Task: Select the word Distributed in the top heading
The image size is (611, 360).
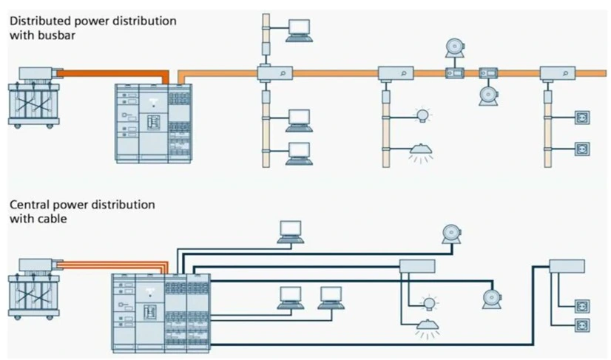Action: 38,21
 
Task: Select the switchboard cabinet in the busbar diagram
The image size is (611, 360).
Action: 153,123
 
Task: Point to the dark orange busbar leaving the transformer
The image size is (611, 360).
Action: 111,73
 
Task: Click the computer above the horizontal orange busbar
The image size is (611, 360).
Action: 299,28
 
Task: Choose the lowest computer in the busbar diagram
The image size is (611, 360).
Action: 299,152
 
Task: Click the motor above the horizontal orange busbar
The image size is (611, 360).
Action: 452,47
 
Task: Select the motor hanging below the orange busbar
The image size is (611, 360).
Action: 487,95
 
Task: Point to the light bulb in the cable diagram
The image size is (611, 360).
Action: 428,302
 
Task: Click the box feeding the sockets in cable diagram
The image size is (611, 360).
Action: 567,266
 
